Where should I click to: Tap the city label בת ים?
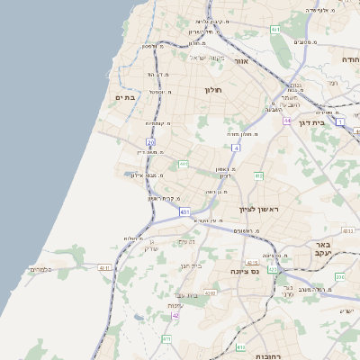click(x=124, y=97)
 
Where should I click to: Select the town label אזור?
click(x=240, y=61)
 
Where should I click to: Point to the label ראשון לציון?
click(x=260, y=209)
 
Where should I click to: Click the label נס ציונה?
click(x=244, y=271)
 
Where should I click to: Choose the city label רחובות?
click(x=267, y=355)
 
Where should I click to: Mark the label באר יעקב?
click(x=325, y=248)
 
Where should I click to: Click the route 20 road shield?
click(x=150, y=142)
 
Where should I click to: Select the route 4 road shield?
click(x=236, y=147)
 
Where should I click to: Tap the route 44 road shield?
click(x=286, y=121)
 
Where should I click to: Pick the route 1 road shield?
click(x=340, y=120)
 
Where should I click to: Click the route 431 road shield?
click(x=184, y=212)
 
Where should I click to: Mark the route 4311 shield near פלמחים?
click(x=104, y=267)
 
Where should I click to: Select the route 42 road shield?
click(x=175, y=316)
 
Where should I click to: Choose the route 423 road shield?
click(x=273, y=268)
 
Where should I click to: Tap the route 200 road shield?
click(x=339, y=277)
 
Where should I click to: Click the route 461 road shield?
click(x=274, y=30)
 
